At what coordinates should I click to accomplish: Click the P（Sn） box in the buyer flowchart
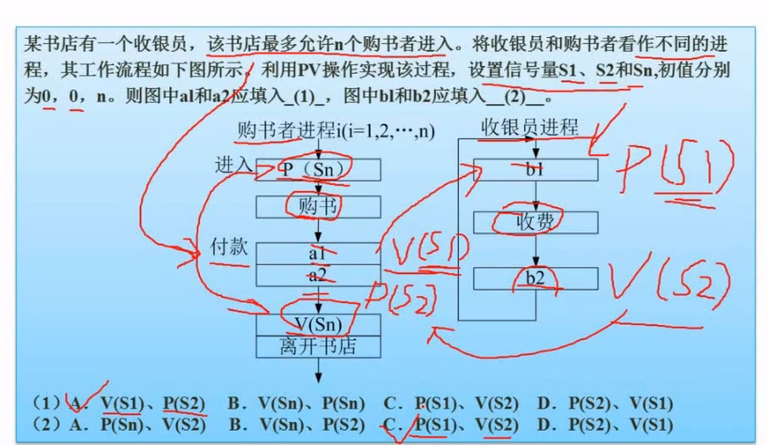tap(318, 169)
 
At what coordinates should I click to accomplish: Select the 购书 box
tap(318, 207)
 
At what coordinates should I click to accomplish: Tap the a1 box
tap(318, 254)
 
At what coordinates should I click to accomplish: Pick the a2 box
tap(318, 276)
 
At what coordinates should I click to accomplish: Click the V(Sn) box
tap(318, 324)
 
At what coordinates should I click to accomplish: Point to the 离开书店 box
tap(318, 346)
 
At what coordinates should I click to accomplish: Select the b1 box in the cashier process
tap(535, 169)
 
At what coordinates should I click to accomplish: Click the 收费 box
tap(535, 223)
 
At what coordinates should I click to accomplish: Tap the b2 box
tap(535, 278)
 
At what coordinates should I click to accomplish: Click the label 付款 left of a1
tap(228, 247)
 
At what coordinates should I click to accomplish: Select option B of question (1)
tap(297, 404)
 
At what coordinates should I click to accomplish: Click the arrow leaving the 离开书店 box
tap(319, 370)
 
